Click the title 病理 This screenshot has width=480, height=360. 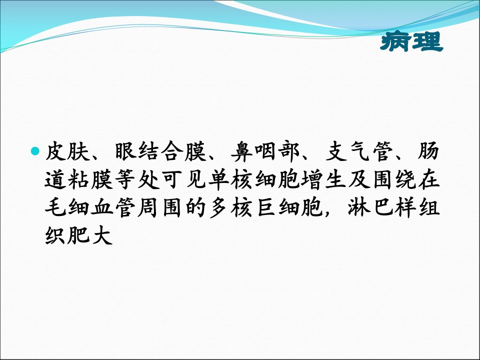click(x=411, y=41)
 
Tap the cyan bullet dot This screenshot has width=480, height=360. click(x=35, y=150)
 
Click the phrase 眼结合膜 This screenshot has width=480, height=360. click(x=161, y=151)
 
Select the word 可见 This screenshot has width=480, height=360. click(x=184, y=179)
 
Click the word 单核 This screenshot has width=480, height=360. click(x=231, y=179)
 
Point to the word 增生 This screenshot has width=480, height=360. click(x=324, y=179)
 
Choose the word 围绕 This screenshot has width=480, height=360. click(x=394, y=179)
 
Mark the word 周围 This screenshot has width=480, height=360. click(x=161, y=207)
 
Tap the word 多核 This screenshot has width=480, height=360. click(x=231, y=207)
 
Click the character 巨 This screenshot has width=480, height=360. click(x=266, y=207)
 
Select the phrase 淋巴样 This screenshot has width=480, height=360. click(x=382, y=207)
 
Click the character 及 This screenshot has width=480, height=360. click(x=359, y=179)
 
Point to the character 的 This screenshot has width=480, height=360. click(x=196, y=207)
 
